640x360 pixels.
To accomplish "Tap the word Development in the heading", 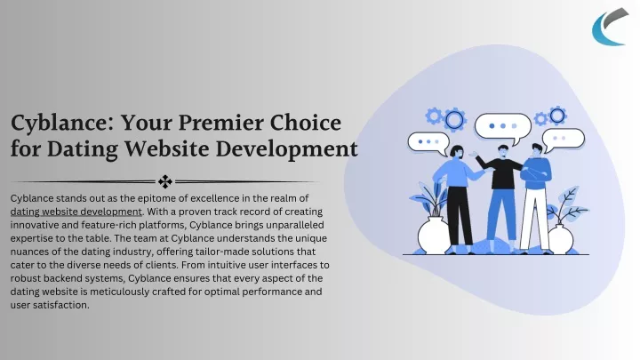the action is (x=286, y=149).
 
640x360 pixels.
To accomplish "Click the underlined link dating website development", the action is (x=76, y=212).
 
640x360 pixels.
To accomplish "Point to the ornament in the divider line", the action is (x=165, y=181).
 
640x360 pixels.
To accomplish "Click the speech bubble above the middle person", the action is (x=503, y=128).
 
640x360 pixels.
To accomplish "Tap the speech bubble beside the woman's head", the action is (x=428, y=143).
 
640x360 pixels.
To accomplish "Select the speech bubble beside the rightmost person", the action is (x=563, y=140).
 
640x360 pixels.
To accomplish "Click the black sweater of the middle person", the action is (x=501, y=172).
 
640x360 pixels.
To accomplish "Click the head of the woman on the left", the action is (x=457, y=152).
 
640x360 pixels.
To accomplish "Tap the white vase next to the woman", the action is (x=434, y=236).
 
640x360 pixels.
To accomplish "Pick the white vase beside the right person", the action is (x=561, y=239).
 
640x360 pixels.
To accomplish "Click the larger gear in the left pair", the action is (x=454, y=120).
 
